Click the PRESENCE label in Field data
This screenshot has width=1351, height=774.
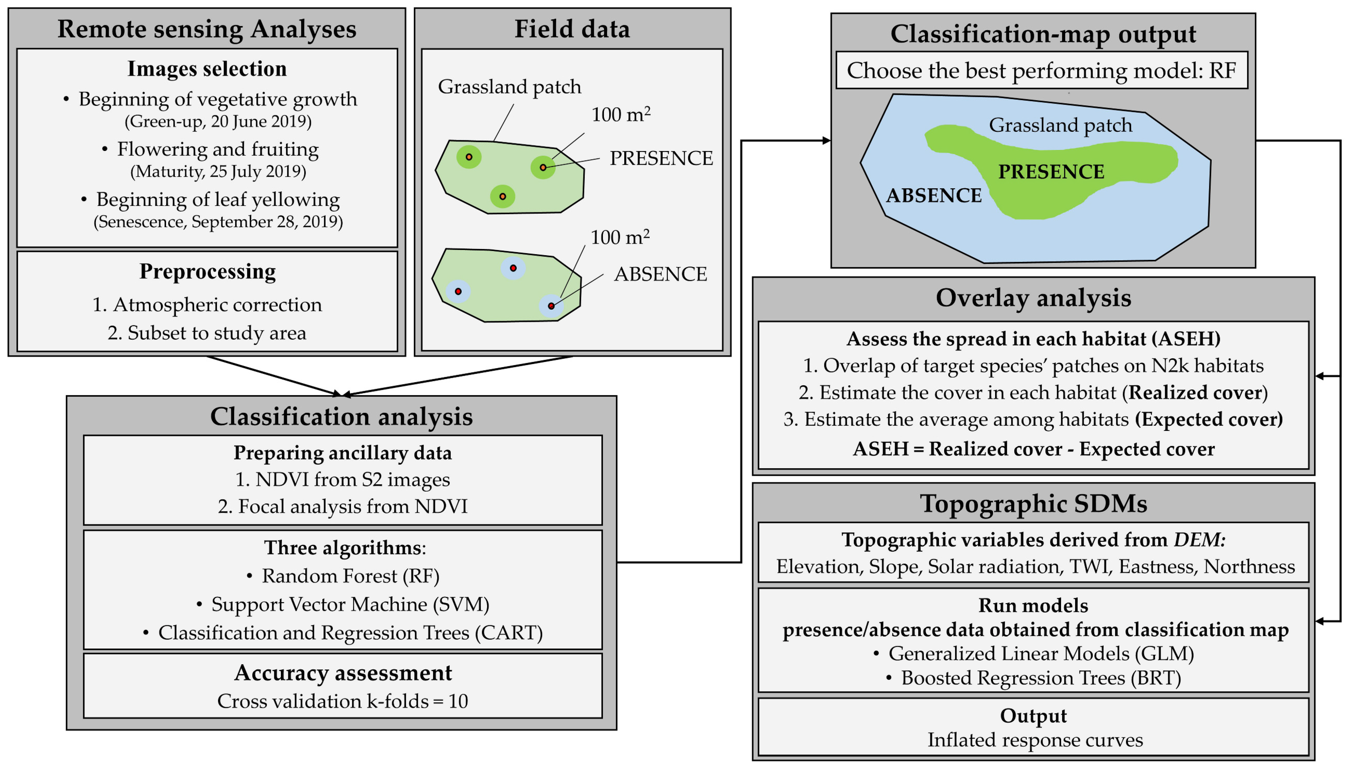660,158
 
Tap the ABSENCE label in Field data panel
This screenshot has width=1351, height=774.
660,274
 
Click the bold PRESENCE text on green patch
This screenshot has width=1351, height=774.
1051,172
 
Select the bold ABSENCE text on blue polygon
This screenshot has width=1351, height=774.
933,196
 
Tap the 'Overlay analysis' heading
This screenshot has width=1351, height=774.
1033,298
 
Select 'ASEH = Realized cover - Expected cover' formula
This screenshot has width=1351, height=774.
1033,449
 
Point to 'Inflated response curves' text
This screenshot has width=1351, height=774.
1035,740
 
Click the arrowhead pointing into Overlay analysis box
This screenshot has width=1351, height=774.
1320,377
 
